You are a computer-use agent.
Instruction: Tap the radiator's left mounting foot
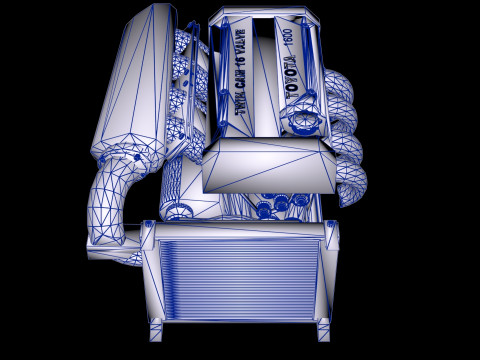[x=156, y=330]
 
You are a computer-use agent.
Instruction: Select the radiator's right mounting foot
[x=322, y=330]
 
